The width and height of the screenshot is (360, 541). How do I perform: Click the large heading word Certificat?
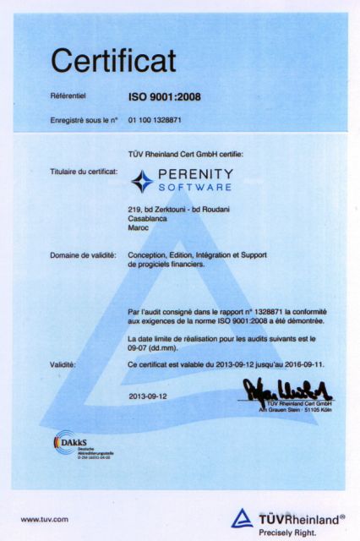(113, 60)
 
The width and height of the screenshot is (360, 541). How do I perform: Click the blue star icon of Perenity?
(142, 181)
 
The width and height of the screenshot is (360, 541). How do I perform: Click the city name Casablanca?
(146, 218)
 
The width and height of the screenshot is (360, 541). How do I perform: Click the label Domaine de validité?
(83, 254)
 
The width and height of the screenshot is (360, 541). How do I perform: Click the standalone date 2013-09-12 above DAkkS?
(149, 395)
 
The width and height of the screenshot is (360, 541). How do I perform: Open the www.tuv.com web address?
(45, 519)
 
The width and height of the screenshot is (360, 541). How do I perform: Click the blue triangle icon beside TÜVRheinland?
(242, 518)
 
